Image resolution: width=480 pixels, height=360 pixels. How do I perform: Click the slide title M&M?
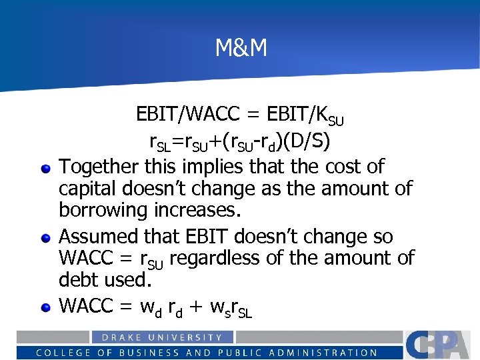[x=241, y=48]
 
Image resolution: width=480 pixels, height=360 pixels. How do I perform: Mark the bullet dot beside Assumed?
[x=45, y=238]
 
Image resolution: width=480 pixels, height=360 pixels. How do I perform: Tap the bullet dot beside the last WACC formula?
[x=45, y=307]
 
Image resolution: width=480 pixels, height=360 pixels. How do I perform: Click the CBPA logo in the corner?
[x=440, y=344]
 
